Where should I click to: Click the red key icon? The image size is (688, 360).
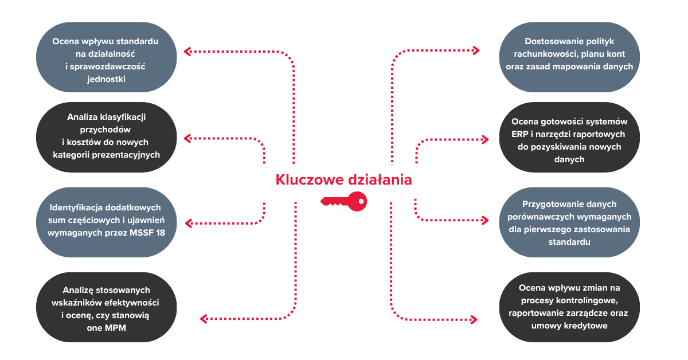click(344, 202)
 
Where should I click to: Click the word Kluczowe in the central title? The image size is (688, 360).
click(308, 179)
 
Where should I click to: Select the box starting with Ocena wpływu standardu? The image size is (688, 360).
click(106, 57)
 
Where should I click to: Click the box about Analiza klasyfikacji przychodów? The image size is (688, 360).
click(106, 138)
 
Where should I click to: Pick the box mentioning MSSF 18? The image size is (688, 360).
click(106, 222)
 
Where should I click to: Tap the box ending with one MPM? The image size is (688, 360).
click(106, 307)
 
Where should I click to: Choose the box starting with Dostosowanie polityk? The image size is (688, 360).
click(569, 57)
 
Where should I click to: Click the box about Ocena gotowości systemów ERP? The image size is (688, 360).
click(569, 138)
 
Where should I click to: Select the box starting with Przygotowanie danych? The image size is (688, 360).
click(569, 222)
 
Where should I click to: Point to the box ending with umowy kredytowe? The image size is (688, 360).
click(569, 307)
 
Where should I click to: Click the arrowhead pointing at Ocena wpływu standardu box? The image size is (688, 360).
click(187, 51)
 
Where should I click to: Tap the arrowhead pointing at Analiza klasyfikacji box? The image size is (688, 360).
click(187, 138)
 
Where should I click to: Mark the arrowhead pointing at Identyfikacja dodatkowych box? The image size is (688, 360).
click(189, 224)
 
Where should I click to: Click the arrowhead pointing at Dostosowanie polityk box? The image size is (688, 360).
click(476, 50)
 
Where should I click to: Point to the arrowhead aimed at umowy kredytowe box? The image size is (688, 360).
click(474, 320)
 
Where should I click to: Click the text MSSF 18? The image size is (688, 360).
click(147, 233)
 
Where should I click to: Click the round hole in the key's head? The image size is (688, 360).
click(361, 202)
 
